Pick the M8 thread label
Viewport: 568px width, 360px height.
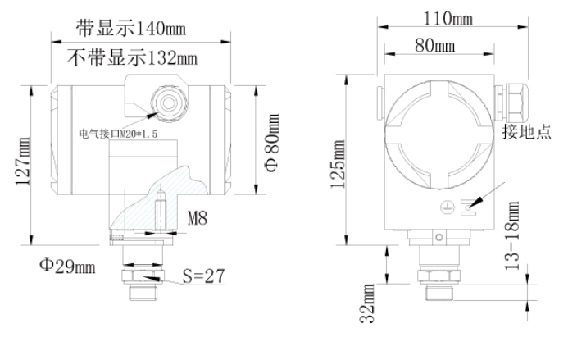[198, 219]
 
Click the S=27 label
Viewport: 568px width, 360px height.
[202, 276]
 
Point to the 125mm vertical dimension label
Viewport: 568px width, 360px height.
[337, 165]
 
